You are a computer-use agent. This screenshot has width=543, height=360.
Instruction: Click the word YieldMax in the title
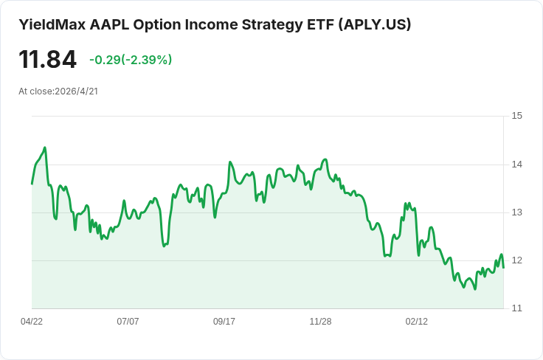tap(52, 24)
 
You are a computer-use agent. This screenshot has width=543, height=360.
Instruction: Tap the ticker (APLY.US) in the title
tap(374, 24)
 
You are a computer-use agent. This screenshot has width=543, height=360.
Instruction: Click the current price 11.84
tap(47, 60)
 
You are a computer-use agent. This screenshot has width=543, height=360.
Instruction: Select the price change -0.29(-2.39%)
tap(131, 60)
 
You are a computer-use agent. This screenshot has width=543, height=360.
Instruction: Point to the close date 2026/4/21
tap(76, 91)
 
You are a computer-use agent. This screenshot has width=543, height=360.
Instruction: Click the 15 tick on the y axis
tap(517, 116)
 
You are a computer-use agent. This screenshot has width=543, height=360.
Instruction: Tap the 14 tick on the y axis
tap(517, 164)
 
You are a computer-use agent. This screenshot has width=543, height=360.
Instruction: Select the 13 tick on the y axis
tap(517, 212)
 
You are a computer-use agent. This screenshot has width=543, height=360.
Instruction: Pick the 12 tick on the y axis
tap(517, 260)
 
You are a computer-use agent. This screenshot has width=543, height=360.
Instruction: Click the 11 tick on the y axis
tap(517, 308)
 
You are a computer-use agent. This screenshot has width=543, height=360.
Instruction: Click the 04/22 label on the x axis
tap(32, 322)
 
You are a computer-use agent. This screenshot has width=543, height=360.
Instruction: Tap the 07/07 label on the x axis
tap(128, 322)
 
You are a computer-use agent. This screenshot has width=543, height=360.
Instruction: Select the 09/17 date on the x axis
tap(224, 322)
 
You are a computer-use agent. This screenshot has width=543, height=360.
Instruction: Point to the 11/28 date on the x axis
tap(320, 322)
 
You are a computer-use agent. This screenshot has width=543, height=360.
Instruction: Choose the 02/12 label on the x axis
tap(417, 322)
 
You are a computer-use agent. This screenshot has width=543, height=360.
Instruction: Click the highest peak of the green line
tap(45, 148)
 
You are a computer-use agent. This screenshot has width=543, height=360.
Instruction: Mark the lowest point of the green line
tap(475, 289)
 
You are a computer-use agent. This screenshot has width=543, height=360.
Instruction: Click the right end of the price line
tap(503, 268)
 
